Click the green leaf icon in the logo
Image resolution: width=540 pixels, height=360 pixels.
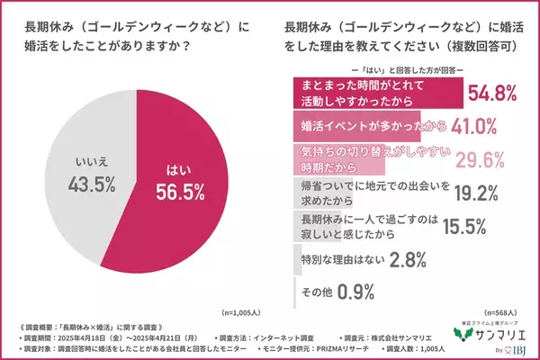pyautogui.click(x=464, y=335)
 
